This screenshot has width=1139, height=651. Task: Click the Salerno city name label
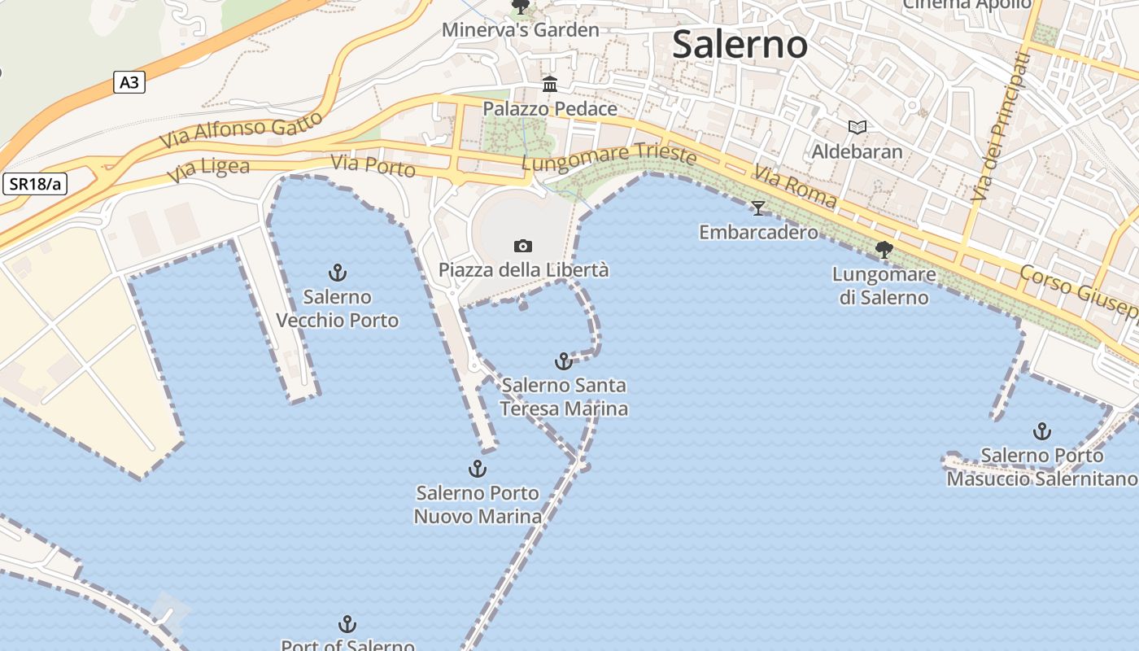point(740,45)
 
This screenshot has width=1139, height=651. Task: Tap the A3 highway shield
point(129,82)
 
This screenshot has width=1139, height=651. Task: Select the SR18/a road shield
point(35,184)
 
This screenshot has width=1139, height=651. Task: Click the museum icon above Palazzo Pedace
point(550,85)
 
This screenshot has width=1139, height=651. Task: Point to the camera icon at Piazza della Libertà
point(523,246)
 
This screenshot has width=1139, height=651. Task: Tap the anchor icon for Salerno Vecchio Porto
point(337,273)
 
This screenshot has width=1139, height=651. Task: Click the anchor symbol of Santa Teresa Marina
point(563,360)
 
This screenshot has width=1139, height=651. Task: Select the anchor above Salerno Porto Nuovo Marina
point(478,469)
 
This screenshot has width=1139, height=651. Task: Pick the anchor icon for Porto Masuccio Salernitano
point(1041,431)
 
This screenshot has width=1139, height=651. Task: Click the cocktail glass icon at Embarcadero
point(758,208)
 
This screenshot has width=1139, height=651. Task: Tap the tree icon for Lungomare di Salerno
point(884,250)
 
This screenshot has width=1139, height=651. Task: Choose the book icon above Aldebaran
point(857,127)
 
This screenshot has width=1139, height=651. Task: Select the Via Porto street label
point(373,165)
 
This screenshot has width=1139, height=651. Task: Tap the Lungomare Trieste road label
point(609,157)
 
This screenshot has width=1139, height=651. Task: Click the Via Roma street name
point(794,186)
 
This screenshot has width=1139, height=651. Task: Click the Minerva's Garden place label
point(520,30)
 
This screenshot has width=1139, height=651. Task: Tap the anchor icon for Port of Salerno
point(347,625)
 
